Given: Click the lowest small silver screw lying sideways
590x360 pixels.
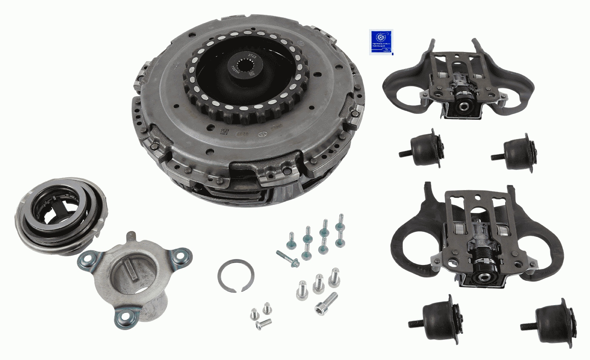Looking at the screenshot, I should (x=263, y=324).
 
